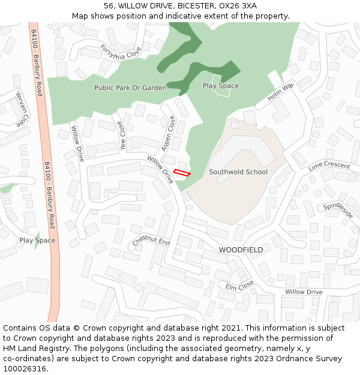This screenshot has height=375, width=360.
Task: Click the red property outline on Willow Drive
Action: tap(182, 173)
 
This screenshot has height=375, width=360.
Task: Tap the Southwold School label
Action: tap(238, 172)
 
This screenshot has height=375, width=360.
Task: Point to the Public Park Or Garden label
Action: tap(130, 88)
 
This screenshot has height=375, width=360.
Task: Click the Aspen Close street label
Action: tap(168, 133)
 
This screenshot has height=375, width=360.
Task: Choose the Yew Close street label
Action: tap(122, 136)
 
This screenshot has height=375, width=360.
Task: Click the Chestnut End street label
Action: tap(151, 242)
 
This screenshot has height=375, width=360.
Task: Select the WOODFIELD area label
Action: tap(241, 250)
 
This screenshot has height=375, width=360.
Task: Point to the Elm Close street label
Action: tap(239, 287)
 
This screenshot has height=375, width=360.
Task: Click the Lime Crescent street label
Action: tap(329, 166)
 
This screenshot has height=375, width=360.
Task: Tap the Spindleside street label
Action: tap(338, 210)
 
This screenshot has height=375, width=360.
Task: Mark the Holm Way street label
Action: tap(280, 92)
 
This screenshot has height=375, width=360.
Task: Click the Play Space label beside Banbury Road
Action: tap(37, 241)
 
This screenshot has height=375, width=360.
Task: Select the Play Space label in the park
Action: tap(220, 86)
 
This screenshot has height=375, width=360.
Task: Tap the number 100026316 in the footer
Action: tap(26, 368)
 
